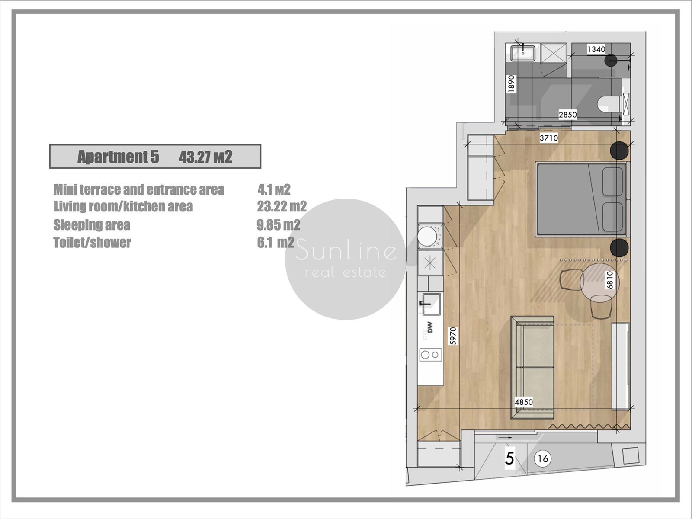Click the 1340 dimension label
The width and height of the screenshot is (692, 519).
[596, 49]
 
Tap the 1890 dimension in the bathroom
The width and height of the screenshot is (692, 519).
[511, 84]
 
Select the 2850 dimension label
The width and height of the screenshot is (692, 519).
[568, 115]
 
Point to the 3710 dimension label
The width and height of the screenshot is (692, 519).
[549, 138]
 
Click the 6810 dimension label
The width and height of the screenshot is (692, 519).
[610, 280]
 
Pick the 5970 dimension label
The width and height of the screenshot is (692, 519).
[453, 336]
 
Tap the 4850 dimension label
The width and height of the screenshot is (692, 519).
[524, 402]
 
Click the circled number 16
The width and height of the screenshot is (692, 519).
[542, 459]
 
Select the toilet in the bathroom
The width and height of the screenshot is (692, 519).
[610, 104]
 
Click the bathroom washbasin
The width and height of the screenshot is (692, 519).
[523, 53]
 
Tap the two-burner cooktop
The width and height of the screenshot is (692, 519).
[430, 355]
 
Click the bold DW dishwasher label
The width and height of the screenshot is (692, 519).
[430, 327]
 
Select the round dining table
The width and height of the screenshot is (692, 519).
[600, 282]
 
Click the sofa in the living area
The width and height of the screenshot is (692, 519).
[532, 368]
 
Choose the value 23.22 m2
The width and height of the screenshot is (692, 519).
[282, 207]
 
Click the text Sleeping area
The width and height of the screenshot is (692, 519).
[92, 225]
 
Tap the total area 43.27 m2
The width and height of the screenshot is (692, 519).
[205, 157]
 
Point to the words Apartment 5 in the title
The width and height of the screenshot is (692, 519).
[118, 157]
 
